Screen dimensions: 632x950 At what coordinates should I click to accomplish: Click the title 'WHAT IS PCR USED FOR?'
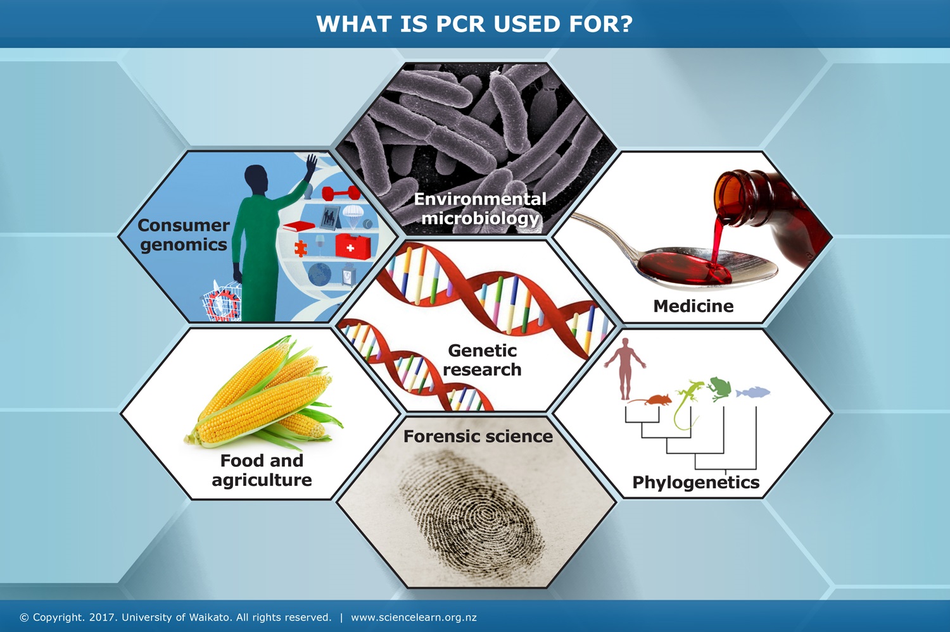[474, 24]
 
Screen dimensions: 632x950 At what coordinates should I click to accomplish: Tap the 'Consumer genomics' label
[184, 235]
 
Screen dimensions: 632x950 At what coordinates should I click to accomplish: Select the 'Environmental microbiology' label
[480, 208]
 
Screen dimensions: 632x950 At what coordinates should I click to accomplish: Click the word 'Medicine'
[693, 306]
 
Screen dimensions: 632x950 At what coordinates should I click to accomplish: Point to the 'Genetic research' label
[482, 360]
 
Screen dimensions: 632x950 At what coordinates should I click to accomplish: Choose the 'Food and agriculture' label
[262, 470]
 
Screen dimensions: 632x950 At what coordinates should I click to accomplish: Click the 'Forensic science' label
[478, 437]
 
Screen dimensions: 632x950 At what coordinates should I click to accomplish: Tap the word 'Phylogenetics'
[695, 482]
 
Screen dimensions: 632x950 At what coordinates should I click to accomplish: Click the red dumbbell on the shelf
[341, 192]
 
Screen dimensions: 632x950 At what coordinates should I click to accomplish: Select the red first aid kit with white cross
[352, 247]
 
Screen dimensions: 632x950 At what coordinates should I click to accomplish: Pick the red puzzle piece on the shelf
[301, 248]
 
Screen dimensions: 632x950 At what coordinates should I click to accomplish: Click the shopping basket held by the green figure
[222, 302]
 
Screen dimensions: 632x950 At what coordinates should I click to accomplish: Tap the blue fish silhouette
[753, 392]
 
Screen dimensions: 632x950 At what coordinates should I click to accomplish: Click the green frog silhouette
[719, 387]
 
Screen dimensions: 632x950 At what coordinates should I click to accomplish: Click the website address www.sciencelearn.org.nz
[414, 617]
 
